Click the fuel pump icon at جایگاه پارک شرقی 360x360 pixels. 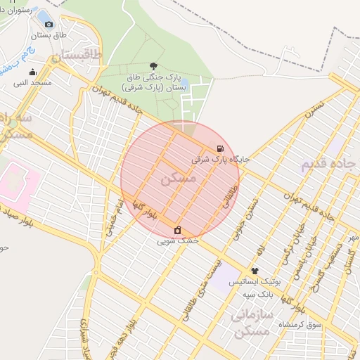221,148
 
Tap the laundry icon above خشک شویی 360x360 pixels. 177,230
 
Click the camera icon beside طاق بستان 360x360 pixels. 49,24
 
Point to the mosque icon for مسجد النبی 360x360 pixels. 32,72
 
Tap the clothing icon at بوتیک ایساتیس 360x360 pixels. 254,271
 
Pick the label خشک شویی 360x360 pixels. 177,240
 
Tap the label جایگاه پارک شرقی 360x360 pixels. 221,160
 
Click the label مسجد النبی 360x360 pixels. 32,83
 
